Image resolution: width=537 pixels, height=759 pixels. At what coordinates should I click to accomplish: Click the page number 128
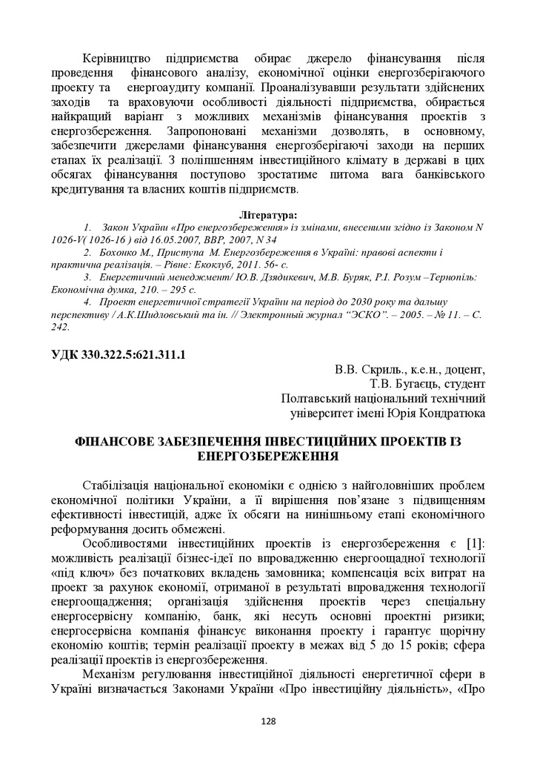coord(268,719)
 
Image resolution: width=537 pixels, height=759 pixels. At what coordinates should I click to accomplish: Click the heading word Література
coord(268,214)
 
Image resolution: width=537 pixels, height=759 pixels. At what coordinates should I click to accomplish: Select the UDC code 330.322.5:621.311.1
coord(132,354)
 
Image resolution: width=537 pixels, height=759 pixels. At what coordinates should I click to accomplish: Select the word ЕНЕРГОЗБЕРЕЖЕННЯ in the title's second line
coord(268,456)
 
